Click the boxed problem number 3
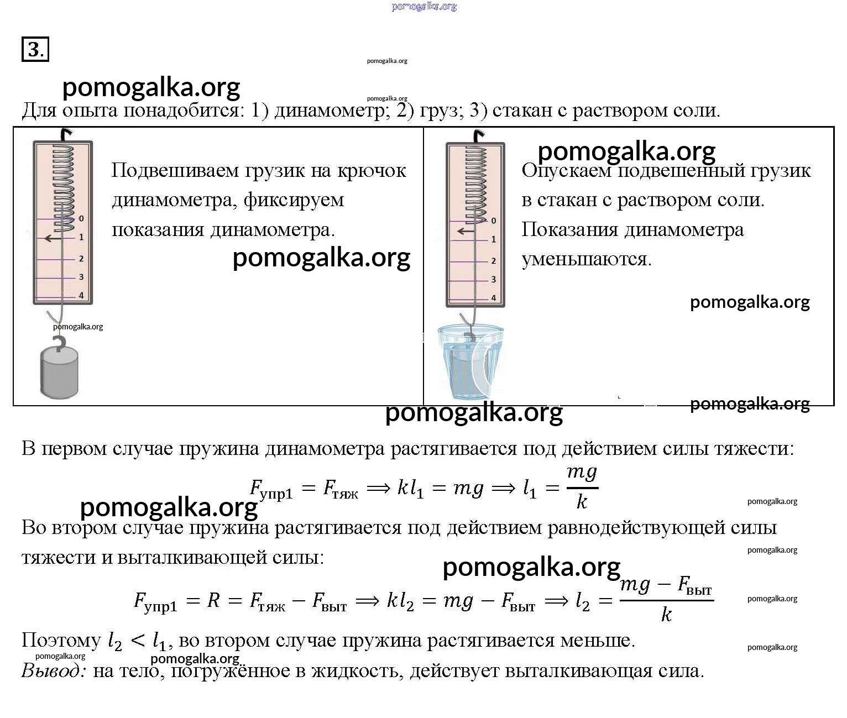(x=35, y=49)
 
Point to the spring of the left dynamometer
(x=64, y=182)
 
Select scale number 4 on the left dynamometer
(x=81, y=295)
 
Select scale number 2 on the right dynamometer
(x=493, y=261)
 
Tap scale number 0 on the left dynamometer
(x=81, y=218)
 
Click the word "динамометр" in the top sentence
(x=330, y=111)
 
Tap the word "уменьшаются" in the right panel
(x=587, y=259)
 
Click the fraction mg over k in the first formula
(x=582, y=487)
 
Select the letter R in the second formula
(x=213, y=600)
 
